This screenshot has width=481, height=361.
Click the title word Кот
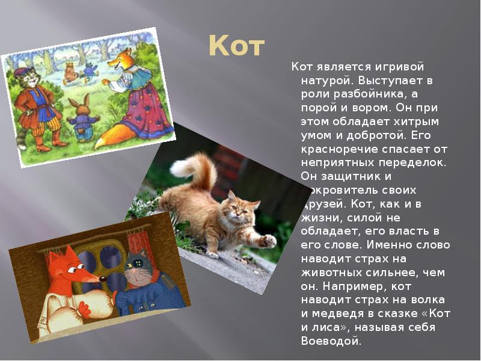click(x=236, y=47)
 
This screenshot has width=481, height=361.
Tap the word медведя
click(x=339, y=314)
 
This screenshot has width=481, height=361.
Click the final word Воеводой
click(x=331, y=342)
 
